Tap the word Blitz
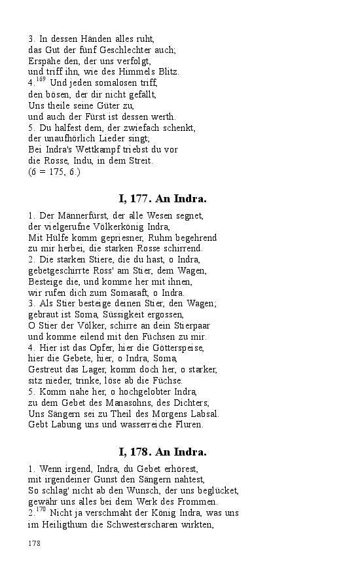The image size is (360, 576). pos(166,71)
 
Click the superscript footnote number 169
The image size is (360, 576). pos(40,80)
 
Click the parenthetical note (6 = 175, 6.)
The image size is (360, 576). pos(54,171)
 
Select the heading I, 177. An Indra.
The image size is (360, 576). pos(162,198)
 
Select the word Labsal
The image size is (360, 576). pos(204,414)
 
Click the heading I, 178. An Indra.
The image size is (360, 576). pos(162,452)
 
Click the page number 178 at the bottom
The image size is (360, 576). pos(35,543)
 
